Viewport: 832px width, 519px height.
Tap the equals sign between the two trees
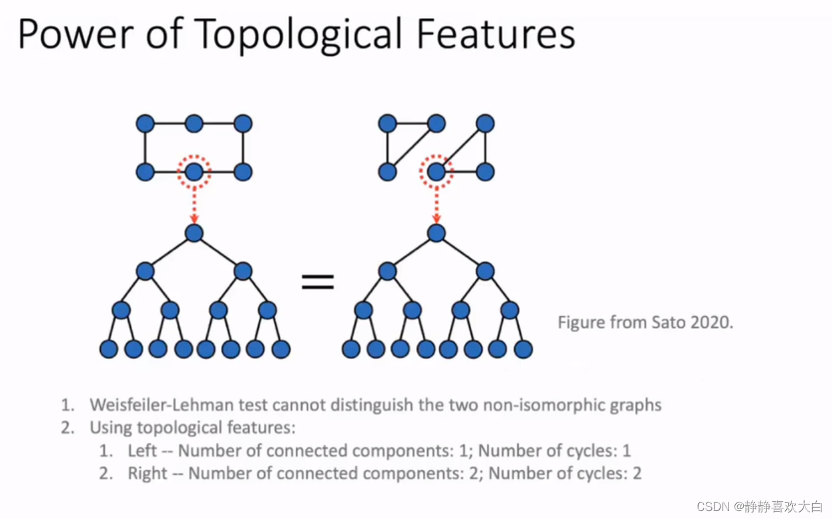(x=318, y=282)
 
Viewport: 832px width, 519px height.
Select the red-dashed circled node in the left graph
(x=194, y=173)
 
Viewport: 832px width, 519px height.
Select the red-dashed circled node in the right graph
(x=436, y=173)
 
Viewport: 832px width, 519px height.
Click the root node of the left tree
(x=194, y=233)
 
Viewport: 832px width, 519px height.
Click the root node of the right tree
(x=436, y=233)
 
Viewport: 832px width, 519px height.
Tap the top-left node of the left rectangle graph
(x=145, y=123)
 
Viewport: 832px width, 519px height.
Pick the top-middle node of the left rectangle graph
(x=194, y=123)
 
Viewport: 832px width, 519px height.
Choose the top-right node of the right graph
(x=485, y=123)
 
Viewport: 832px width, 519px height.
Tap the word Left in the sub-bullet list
(x=142, y=451)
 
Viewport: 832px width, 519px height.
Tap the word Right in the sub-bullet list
(x=147, y=473)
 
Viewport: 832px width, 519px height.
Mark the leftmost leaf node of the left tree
(x=109, y=349)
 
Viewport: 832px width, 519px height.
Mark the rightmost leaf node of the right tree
(x=523, y=349)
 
